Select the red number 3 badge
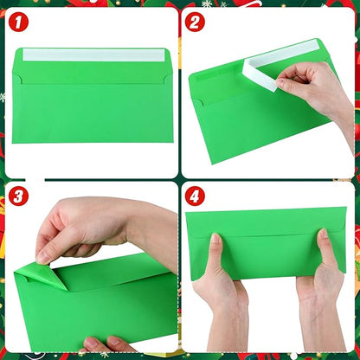[19, 196]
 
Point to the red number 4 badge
[196, 197]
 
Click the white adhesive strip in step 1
[93, 55]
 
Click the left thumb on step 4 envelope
[215, 252]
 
